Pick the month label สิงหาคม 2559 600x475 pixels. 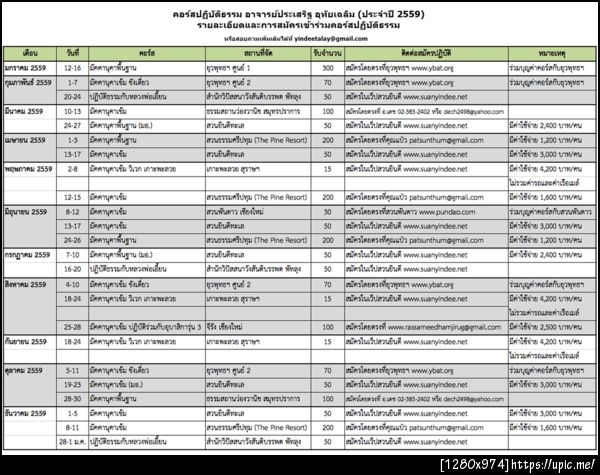(x=30, y=285)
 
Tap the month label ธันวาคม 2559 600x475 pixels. (x=30, y=412)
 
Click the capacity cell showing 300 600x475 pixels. (x=327, y=66)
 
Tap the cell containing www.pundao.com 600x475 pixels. (x=424, y=213)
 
